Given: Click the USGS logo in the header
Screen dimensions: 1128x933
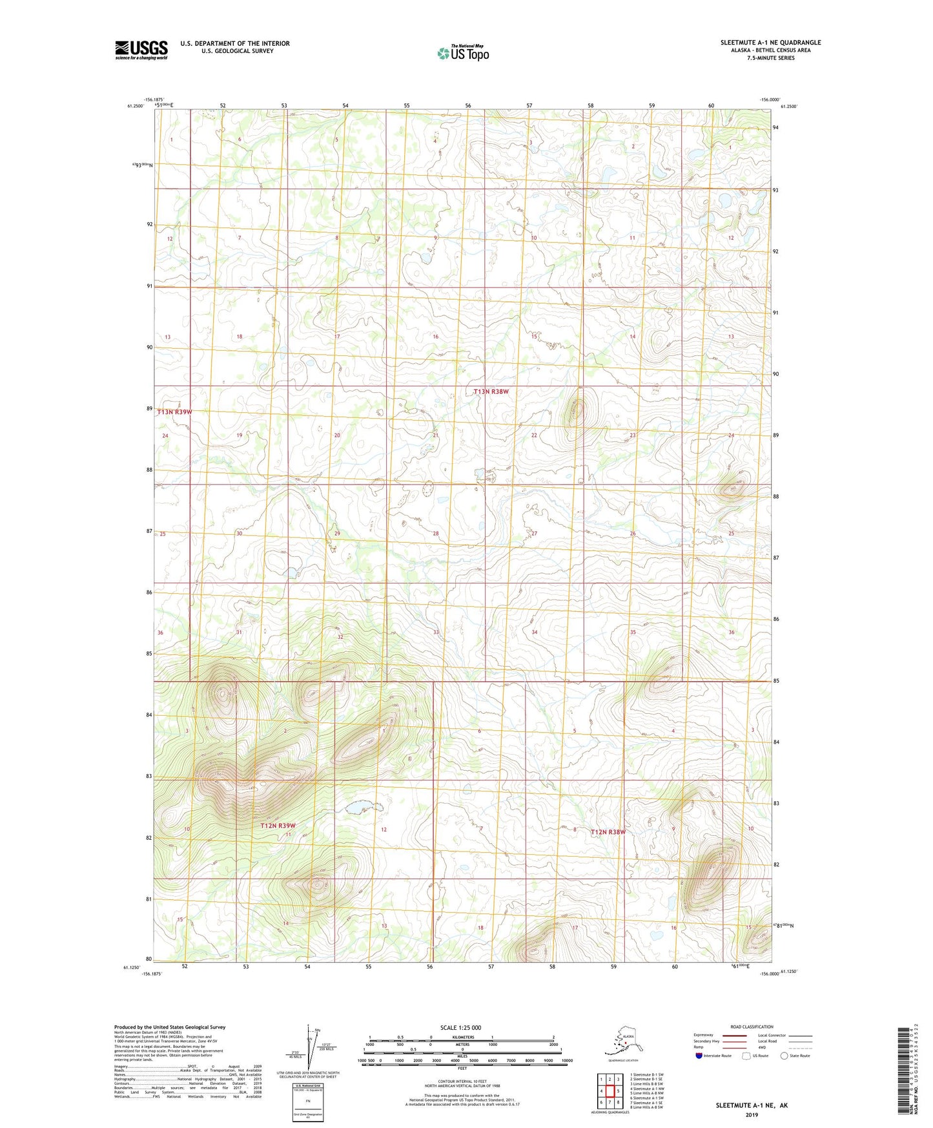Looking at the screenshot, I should click(141, 50).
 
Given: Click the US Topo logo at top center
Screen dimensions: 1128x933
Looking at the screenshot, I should click(463, 52).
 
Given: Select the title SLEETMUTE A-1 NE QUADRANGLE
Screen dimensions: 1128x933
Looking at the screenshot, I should click(770, 43).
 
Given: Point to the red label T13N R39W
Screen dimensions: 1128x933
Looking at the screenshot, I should click(174, 412).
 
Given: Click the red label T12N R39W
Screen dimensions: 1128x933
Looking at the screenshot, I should click(278, 826).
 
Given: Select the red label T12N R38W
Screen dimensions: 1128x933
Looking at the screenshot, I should click(608, 831).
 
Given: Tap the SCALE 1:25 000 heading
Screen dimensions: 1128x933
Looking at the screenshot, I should click(460, 1027).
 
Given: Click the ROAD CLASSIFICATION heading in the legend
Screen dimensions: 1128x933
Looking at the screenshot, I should click(752, 1027).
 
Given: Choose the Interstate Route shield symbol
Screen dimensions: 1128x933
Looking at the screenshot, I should click(699, 1056).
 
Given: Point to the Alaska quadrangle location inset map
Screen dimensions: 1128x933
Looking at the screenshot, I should click(622, 1041).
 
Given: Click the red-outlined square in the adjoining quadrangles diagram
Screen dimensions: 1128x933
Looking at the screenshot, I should click(609, 1091).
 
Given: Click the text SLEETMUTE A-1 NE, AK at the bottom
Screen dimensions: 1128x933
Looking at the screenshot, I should click(751, 1105).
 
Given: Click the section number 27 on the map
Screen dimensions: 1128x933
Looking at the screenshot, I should click(534, 533).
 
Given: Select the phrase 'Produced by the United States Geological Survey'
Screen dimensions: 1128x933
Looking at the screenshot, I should click(170, 1027).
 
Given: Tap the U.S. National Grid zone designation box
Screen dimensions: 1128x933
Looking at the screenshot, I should click(307, 1103).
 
